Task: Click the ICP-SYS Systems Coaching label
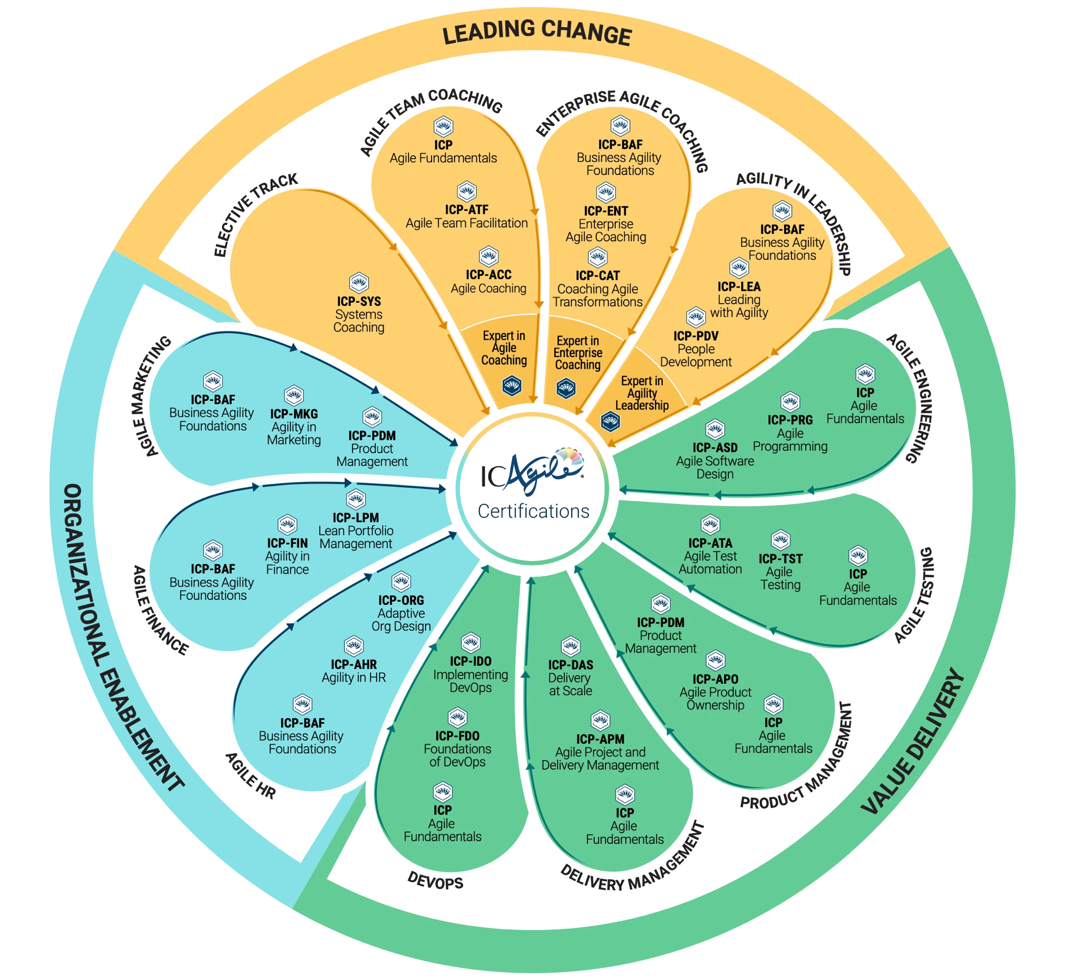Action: click(359, 314)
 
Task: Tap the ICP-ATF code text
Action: click(467, 210)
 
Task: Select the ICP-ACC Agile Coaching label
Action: click(489, 282)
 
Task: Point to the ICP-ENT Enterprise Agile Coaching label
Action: click(606, 224)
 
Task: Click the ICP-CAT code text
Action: click(598, 275)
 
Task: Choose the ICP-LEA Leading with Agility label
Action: click(739, 299)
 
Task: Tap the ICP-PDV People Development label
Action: click(696, 349)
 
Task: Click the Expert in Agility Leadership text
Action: click(642, 393)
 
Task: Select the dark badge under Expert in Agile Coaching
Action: click(512, 385)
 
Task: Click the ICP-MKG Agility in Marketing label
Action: click(294, 427)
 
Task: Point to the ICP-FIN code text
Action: click(287, 543)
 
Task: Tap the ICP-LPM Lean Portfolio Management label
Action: click(356, 531)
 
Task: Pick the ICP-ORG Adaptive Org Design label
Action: click(401, 613)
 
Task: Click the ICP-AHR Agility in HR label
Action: click(354, 671)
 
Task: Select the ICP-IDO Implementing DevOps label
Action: click(470, 674)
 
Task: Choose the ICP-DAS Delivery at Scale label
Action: click(570, 677)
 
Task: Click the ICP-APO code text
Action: click(715, 679)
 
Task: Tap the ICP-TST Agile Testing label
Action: click(780, 572)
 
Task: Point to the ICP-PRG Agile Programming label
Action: click(790, 433)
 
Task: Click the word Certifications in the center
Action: click(533, 511)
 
